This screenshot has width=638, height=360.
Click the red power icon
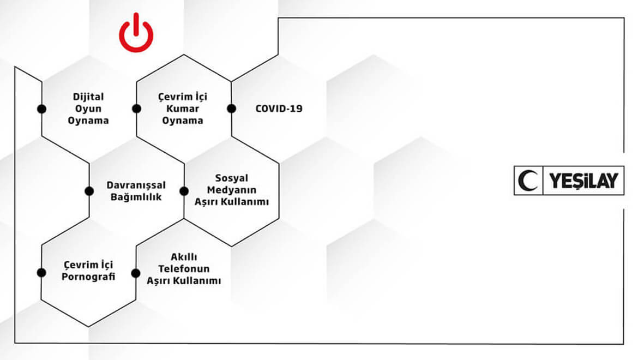click(136, 33)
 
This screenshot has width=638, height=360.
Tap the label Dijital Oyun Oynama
click(88, 109)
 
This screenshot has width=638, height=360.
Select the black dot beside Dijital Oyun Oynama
click(41, 109)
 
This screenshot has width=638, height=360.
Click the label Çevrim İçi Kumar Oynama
click(183, 109)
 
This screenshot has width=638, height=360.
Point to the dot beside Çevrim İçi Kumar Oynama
click(136, 109)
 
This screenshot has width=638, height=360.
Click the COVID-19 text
click(279, 109)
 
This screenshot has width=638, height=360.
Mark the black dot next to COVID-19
click(231, 109)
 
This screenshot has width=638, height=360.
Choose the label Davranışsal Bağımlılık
click(136, 191)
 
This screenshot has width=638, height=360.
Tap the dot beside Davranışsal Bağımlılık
click(89, 191)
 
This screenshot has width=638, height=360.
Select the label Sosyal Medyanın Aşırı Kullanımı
click(232, 190)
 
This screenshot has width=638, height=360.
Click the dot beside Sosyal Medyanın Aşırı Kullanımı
click(184, 191)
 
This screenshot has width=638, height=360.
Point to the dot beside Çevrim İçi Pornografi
click(41, 272)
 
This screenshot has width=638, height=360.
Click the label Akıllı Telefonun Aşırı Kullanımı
click(184, 269)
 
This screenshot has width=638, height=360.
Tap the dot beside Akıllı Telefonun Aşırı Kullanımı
click(136, 272)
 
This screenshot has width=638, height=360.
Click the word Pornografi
click(88, 276)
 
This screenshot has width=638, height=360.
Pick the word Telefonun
click(184, 269)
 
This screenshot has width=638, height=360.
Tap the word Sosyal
click(232, 179)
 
